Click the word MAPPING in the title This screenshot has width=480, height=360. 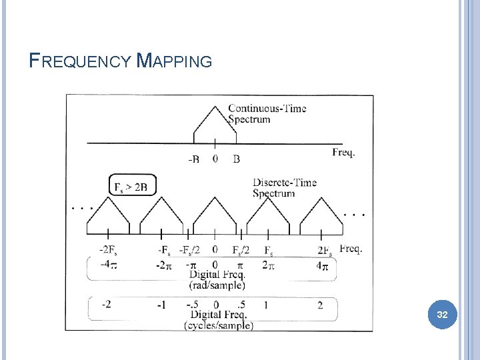pyautogui.click(x=174, y=61)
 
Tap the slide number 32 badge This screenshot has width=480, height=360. pyautogui.click(x=441, y=314)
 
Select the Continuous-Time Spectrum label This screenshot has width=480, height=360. pyautogui.click(x=267, y=114)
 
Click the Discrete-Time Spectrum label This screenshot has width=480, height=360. pyautogui.click(x=284, y=188)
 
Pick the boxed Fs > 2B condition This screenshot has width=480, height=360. pyautogui.click(x=132, y=186)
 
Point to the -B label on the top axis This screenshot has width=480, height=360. pyautogui.click(x=194, y=159)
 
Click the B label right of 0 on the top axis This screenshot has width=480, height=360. pyautogui.click(x=237, y=159)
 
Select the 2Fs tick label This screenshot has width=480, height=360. pyautogui.click(x=325, y=251)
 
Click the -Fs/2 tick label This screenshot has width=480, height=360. pyautogui.click(x=189, y=250)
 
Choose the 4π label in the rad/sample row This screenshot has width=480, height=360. pyautogui.click(x=322, y=265)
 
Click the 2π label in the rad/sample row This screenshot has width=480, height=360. pyautogui.click(x=267, y=265)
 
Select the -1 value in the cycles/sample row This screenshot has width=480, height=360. pyautogui.click(x=161, y=305)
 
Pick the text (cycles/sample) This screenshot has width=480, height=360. pyautogui.click(x=219, y=325)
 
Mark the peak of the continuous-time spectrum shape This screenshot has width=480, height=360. pyautogui.click(x=215, y=107)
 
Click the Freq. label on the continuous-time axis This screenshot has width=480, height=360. pyautogui.click(x=343, y=153)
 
